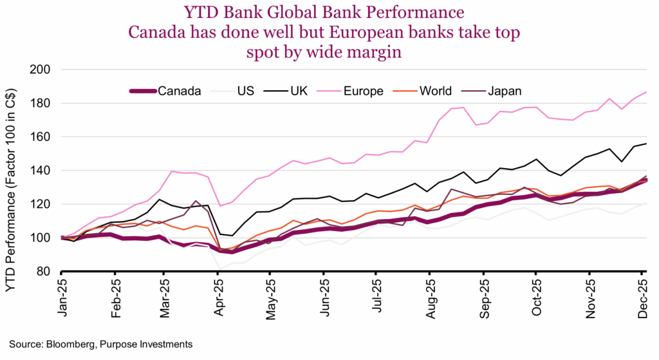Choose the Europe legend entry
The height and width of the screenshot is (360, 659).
pos(364,91)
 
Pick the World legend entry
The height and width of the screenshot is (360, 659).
pos(434,91)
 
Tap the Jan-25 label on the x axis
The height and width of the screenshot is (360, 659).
pos(62,295)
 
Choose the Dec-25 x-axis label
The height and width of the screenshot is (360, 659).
pos(642,295)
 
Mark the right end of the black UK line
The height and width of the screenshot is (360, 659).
pos(646,144)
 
